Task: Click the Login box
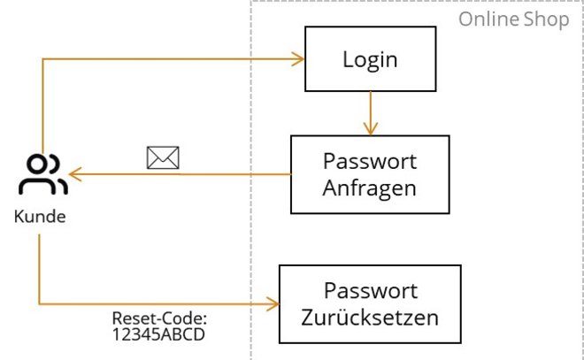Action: pyautogui.click(x=370, y=59)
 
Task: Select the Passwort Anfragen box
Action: pyautogui.click(x=370, y=174)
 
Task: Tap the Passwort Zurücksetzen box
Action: pyautogui.click(x=370, y=303)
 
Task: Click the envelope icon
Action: pyautogui.click(x=163, y=157)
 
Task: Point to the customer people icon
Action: pyautogui.click(x=43, y=174)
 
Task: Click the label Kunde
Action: pyautogui.click(x=40, y=216)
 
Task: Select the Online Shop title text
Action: pyautogui.click(x=513, y=19)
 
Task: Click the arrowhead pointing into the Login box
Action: pyautogui.click(x=299, y=59)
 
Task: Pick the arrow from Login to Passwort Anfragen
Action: pyautogui.click(x=370, y=113)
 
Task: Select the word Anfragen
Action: pyautogui.click(x=370, y=188)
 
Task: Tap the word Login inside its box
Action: pyautogui.click(x=370, y=59)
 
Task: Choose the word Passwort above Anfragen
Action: pyautogui.click(x=370, y=162)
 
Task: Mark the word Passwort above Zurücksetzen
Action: pyautogui.click(x=370, y=291)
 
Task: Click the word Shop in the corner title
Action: pyautogui.click(x=549, y=19)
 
